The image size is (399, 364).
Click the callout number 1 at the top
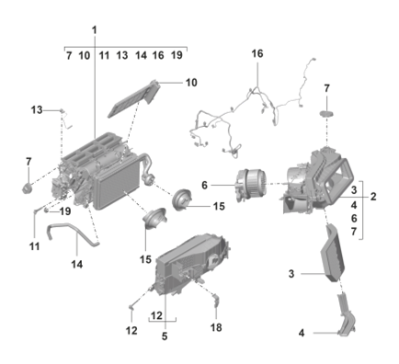tap(95, 30)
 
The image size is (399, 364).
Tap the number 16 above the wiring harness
tap(257, 53)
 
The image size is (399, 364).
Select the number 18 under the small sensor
tap(216, 327)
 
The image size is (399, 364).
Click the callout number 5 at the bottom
tap(165, 336)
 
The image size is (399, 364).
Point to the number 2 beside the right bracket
tap(373, 197)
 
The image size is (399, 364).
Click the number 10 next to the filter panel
tap(191, 83)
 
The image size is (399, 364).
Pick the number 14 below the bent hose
tap(77, 264)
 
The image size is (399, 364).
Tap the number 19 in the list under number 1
tap(177, 55)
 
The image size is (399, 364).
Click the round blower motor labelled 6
tap(251, 187)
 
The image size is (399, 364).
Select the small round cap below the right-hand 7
tap(326, 113)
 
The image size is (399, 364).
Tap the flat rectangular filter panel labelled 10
tap(134, 98)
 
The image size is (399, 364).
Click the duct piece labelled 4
tap(347, 315)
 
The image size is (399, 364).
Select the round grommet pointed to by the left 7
tap(28, 188)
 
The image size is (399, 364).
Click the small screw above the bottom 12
tap(131, 307)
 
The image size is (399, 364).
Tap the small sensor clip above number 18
tap(216, 300)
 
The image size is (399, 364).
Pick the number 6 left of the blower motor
tap(204, 185)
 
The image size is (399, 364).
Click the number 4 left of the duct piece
tap(302, 333)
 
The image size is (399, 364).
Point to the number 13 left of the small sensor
tap(37, 110)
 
